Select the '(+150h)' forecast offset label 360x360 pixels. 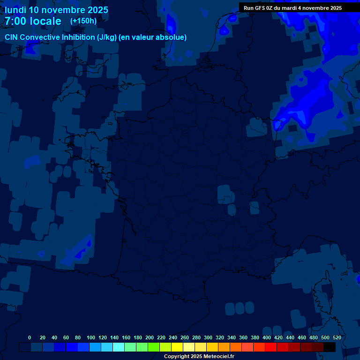(x=83, y=21)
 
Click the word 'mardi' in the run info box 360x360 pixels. (x=294, y=8)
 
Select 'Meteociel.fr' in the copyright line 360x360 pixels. (x=219, y=357)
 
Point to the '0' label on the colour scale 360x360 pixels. (x=30, y=337)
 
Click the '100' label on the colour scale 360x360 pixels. (x=91, y=337)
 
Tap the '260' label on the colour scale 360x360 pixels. (x=185, y=337)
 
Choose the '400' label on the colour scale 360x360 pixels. (x=267, y=337)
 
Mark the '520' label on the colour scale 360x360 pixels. (x=337, y=337)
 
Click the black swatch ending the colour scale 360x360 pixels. (x=330, y=347)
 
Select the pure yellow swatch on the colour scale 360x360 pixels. (x=177, y=347)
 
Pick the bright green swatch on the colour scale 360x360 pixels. (x=154, y=347)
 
